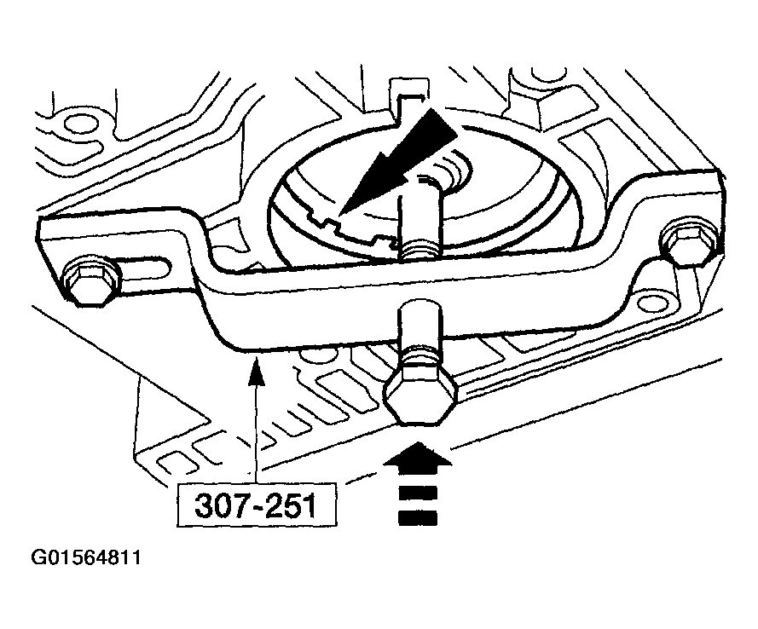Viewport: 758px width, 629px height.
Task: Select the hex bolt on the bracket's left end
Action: (x=88, y=281)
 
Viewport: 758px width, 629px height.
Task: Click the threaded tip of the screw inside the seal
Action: (x=420, y=248)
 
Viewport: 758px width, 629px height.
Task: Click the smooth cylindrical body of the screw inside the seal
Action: (x=420, y=209)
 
